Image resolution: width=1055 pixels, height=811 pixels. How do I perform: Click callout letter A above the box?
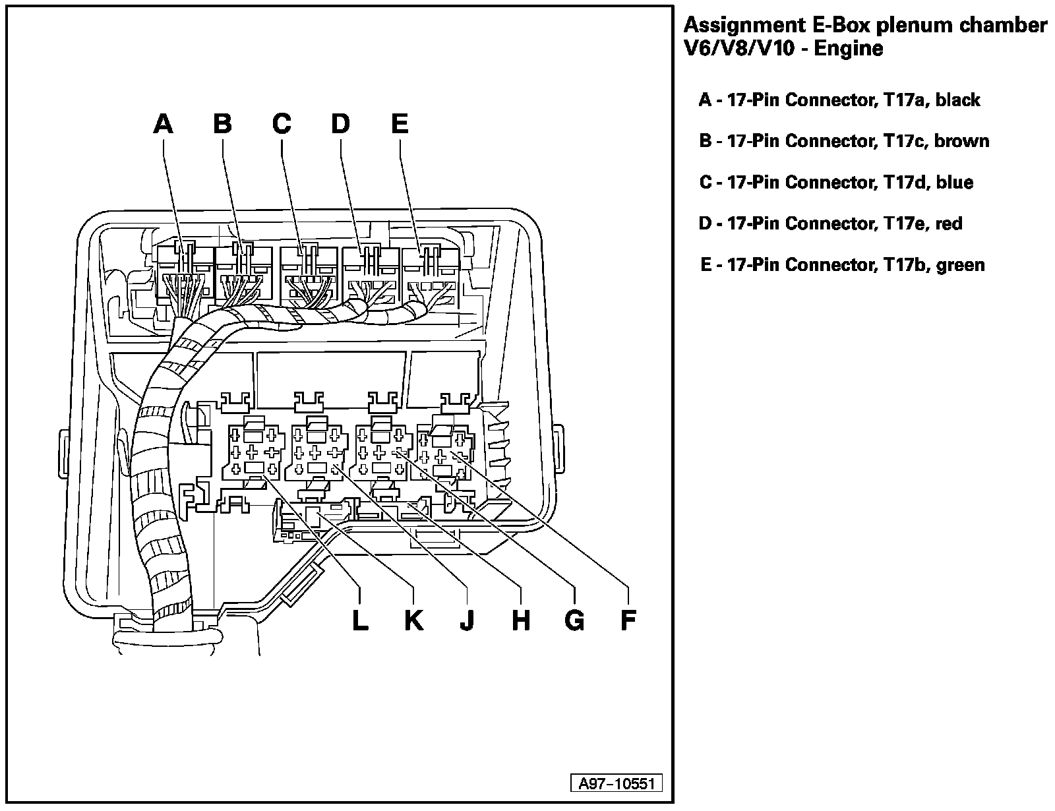pyautogui.click(x=163, y=123)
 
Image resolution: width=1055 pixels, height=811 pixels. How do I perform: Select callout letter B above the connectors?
pyautogui.click(x=223, y=123)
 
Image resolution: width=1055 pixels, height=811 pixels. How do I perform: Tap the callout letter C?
pyautogui.click(x=282, y=123)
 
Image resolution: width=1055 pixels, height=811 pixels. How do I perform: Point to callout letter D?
pyautogui.click(x=340, y=123)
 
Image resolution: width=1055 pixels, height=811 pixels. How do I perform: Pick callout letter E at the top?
pyautogui.click(x=400, y=123)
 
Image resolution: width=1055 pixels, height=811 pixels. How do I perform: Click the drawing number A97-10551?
pyautogui.click(x=616, y=783)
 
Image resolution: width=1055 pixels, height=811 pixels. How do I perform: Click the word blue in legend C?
pyautogui.click(x=954, y=182)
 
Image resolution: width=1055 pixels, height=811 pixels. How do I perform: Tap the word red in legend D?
pyautogui.click(x=949, y=224)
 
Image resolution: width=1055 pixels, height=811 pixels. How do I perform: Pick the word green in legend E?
pyautogui.click(x=960, y=265)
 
